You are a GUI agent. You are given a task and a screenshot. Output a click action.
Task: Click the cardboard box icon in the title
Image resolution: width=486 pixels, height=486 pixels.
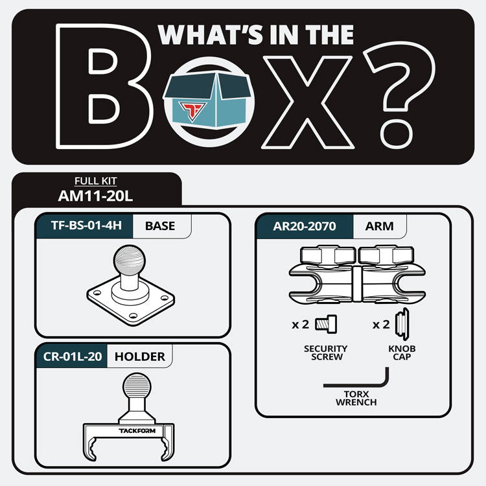[207, 100]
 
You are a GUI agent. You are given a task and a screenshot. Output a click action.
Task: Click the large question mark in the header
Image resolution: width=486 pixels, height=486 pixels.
[400, 95]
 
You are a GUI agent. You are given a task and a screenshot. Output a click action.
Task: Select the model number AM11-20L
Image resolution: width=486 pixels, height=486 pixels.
[95, 196]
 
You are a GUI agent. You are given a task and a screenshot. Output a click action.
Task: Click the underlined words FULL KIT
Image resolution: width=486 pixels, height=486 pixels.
[95, 181]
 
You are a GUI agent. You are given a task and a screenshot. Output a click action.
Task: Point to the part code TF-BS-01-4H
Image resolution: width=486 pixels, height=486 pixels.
[86, 226]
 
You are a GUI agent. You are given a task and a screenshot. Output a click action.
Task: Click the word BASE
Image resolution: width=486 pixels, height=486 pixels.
[160, 226]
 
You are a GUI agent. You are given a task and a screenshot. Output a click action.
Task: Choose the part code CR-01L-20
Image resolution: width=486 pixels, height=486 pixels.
[73, 356]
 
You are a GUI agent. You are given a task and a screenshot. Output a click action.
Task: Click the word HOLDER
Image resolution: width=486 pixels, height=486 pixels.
[140, 357]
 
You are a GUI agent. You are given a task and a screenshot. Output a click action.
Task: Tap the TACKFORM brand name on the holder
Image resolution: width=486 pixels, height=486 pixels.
[137, 430]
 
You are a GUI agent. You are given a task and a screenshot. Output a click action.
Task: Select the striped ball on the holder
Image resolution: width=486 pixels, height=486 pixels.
[137, 386]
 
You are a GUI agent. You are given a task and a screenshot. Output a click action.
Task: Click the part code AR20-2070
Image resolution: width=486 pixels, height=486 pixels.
[305, 226]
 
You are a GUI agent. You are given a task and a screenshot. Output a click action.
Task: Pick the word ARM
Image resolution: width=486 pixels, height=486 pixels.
[379, 226]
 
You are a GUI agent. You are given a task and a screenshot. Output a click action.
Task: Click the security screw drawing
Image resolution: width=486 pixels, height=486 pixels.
[326, 325]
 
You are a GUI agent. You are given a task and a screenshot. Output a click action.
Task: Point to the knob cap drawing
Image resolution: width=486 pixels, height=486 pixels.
[402, 324]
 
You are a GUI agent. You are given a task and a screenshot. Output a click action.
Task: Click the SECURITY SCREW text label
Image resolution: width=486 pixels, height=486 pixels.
[326, 353]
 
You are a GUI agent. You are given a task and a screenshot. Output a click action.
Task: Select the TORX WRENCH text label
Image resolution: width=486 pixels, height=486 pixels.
[356, 399]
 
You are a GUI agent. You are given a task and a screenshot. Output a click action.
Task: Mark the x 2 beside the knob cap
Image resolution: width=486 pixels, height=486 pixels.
[381, 325]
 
